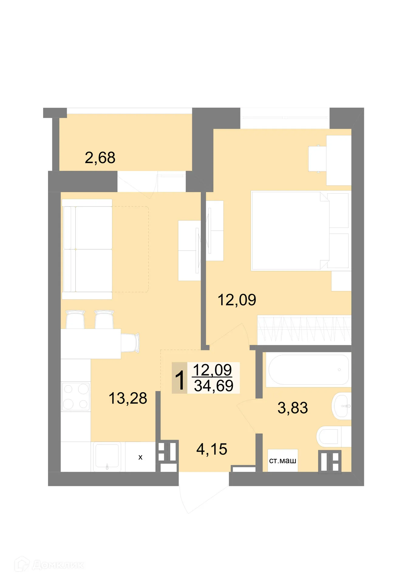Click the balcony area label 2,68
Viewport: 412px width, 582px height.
pos(100,158)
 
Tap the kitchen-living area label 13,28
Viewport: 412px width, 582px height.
pos(128,398)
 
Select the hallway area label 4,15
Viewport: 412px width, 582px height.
pos(212,449)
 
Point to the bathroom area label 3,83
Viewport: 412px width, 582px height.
pos(293,408)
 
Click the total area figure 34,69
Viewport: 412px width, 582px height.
pos(214,386)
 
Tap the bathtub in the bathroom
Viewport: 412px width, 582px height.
pos(308,370)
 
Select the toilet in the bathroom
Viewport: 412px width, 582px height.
pos(332,436)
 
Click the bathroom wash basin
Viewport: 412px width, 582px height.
pos(342,406)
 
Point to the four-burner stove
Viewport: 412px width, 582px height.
pos(76,396)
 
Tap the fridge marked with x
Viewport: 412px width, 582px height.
pos(140,457)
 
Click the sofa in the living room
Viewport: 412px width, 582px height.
pos(87,249)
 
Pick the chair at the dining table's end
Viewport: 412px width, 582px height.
pos(131,343)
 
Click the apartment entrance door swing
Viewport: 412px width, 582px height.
pos(200,494)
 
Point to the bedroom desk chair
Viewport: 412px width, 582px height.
pos(317,159)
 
